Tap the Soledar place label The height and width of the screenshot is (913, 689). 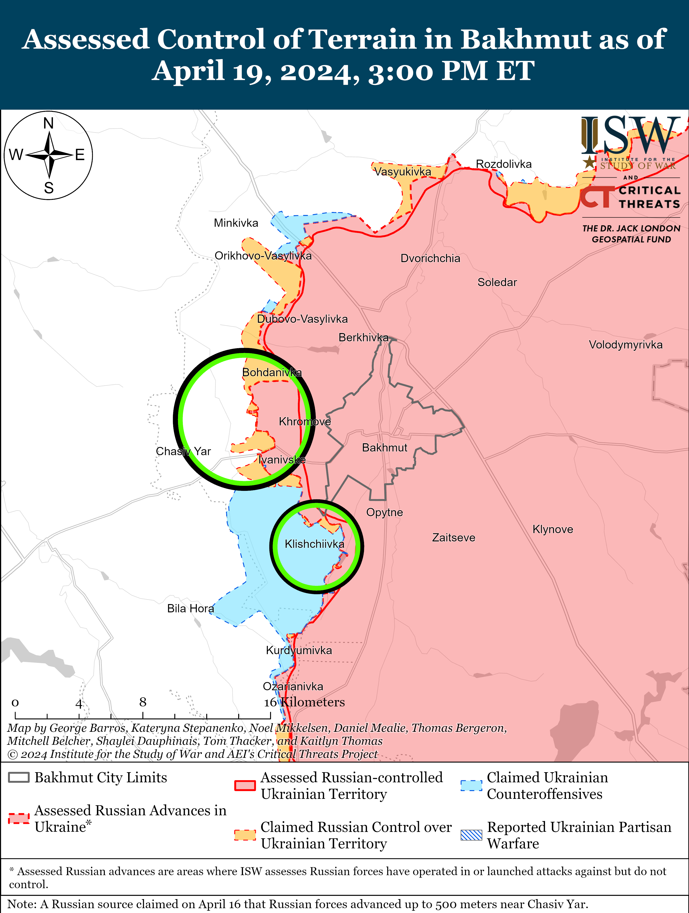[497, 282]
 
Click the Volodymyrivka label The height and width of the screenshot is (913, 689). [625, 345]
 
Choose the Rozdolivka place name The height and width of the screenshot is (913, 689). [504, 164]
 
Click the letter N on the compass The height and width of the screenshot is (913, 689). [49, 123]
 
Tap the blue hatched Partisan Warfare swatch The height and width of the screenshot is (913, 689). [471, 835]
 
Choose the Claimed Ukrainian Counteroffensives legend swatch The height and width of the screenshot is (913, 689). [471, 786]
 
